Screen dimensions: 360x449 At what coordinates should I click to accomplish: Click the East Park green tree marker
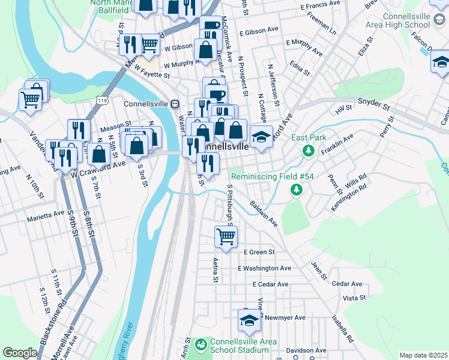coord(309,150)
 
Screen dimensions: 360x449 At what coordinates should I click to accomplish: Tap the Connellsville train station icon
coord(175,103)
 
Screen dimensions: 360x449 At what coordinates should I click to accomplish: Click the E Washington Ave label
coord(264,268)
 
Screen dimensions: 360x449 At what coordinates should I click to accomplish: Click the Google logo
coord(19,353)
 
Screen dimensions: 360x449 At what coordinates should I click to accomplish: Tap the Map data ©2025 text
coord(423,355)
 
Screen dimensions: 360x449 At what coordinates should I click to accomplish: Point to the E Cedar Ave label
coord(270,284)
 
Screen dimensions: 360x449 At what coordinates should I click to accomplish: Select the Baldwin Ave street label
coord(264,214)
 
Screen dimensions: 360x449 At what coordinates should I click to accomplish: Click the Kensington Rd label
coord(349,199)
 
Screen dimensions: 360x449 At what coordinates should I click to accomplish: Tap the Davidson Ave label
coord(306,350)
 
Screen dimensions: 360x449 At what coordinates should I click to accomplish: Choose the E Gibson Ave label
coord(259,29)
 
